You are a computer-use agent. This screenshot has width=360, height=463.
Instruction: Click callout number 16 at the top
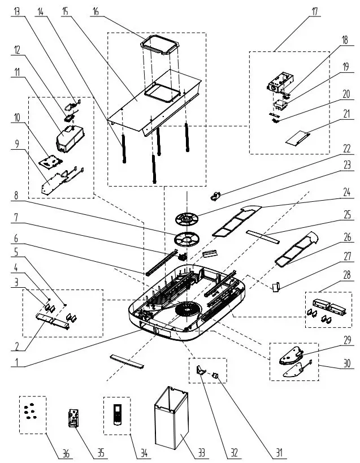tap(96, 11)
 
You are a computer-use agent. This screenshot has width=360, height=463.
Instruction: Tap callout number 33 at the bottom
tap(201, 452)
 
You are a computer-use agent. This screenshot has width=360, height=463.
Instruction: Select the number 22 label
tap(348, 149)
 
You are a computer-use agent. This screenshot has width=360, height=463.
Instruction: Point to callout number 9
tap(17, 144)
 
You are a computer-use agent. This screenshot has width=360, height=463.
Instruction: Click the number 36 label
tap(66, 453)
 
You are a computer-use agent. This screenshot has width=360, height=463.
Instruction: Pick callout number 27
tap(348, 256)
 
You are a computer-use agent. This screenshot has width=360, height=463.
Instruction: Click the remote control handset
tap(117, 414)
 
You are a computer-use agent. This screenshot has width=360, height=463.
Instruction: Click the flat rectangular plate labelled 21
tap(298, 138)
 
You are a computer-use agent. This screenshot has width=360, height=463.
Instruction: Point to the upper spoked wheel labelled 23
tap(186, 219)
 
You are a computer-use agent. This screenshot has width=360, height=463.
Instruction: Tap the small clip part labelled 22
tap(216, 196)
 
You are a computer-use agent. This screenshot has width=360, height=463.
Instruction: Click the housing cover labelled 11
tap(70, 138)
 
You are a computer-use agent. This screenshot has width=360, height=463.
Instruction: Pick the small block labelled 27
tap(276, 287)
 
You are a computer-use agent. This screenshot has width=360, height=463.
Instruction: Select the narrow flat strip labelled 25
tap(263, 237)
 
